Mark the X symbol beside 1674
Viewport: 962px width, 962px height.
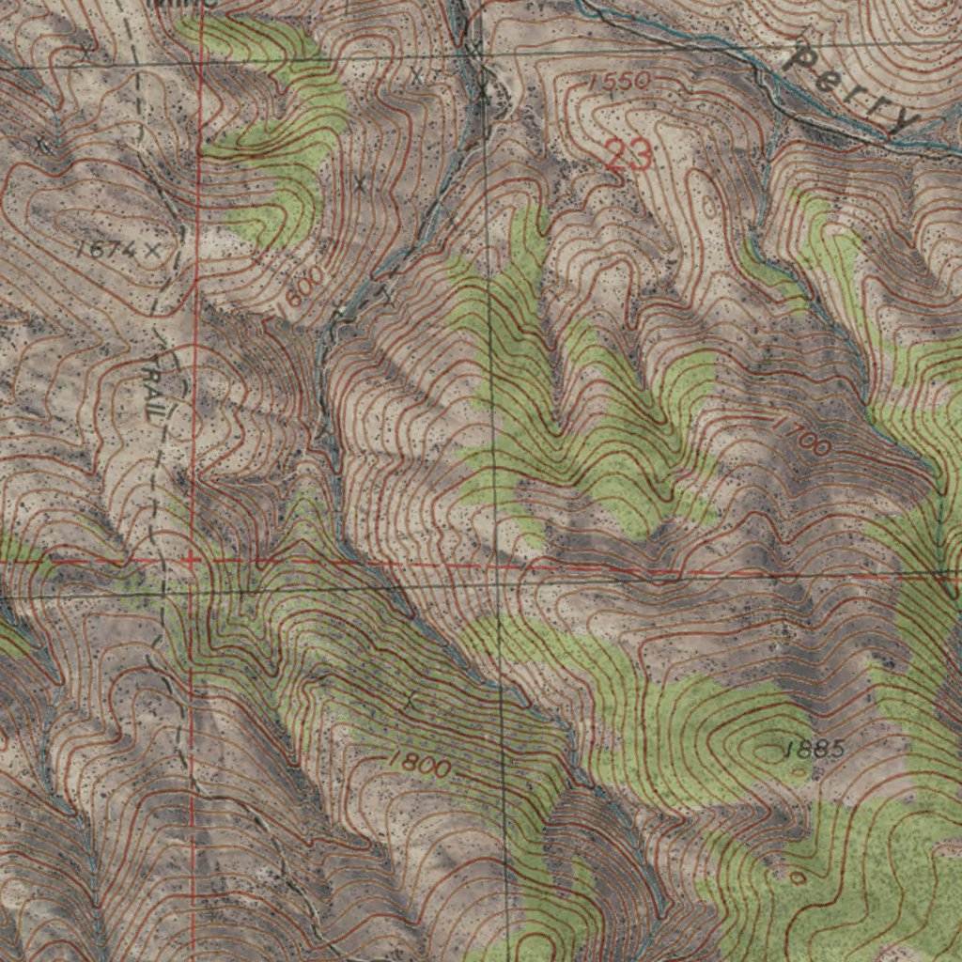tap(149, 250)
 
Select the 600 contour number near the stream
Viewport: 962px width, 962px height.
tap(303, 285)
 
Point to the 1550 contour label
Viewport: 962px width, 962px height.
tap(617, 83)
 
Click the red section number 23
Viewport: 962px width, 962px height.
tap(628, 155)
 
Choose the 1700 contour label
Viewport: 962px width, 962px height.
tap(801, 436)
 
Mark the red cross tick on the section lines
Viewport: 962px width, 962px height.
tap(191, 560)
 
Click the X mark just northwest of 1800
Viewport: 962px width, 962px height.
tap(408, 701)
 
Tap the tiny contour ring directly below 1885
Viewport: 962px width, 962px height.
tap(798, 878)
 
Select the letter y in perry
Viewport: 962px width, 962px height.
tap(904, 120)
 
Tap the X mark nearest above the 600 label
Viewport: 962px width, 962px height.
tap(358, 183)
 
